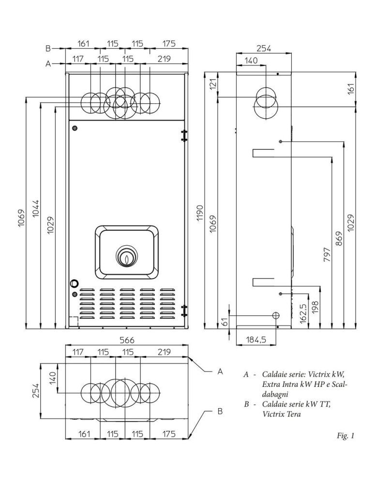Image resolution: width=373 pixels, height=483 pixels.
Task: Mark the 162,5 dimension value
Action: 303,313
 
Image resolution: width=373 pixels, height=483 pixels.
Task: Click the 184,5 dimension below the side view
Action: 256,340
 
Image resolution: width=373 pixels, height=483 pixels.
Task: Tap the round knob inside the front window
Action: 126,258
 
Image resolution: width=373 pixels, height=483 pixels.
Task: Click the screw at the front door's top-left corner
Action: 75,128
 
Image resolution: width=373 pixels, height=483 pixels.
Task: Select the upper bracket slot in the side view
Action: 263,153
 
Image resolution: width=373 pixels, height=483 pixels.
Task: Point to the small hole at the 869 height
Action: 281,142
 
